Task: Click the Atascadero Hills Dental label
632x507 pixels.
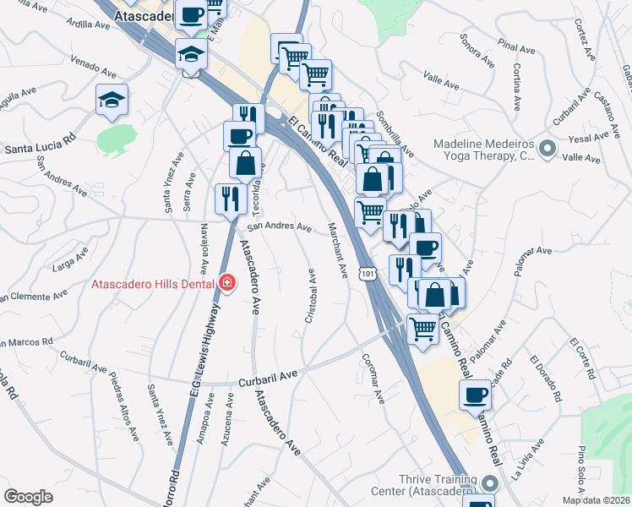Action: pos(152,285)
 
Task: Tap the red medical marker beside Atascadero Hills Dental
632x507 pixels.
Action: pos(226,284)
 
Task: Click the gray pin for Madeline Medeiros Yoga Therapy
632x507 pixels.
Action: pos(548,150)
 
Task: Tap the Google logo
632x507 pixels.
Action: pos(28,496)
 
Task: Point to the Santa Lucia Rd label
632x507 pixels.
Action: pos(40,148)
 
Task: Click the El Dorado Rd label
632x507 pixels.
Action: pos(546,379)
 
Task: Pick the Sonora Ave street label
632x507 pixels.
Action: pos(477,50)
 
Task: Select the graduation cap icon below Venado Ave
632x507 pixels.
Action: pos(112,101)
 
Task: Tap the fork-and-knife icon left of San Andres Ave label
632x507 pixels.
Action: pos(229,199)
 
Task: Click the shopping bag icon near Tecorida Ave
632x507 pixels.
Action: pos(245,164)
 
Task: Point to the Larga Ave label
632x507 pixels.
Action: pos(70,262)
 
